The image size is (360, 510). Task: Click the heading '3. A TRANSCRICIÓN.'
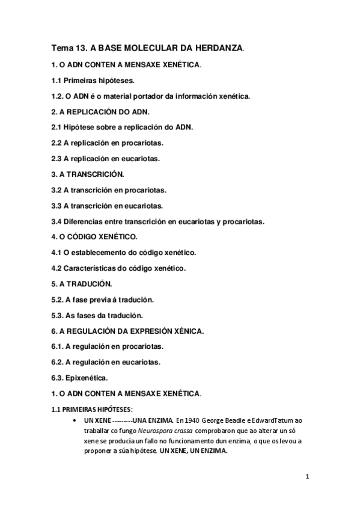click(88, 174)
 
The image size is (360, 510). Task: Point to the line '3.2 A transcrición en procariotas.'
click(109, 190)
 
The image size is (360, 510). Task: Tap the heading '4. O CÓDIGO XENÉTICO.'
click(95, 237)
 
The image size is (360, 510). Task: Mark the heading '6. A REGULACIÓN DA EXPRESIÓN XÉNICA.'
click(129, 331)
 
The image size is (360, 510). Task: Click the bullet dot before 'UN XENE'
click(73, 420)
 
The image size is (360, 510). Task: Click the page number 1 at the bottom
click(307, 478)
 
